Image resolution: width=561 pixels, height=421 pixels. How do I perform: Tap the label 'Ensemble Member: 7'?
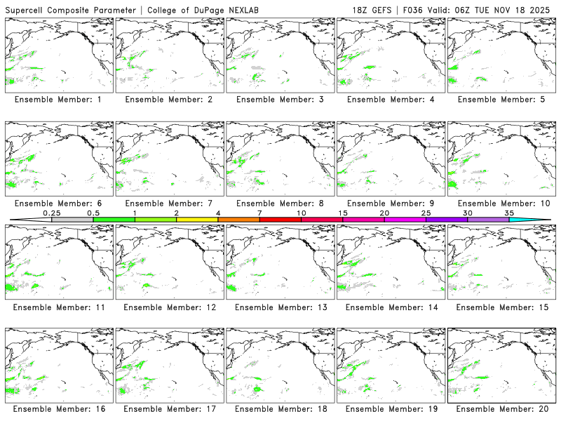click(168, 203)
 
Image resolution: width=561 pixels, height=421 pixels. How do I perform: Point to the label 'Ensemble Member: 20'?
click(501, 409)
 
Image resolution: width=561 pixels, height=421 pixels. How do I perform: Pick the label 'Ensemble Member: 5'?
click(501, 100)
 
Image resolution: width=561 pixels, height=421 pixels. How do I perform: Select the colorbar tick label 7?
click(259, 213)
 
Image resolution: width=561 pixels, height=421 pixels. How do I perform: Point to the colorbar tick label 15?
click(342, 213)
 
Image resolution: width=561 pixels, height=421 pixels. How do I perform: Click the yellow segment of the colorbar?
click(197, 220)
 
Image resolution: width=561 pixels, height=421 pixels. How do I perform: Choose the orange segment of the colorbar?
click(238, 220)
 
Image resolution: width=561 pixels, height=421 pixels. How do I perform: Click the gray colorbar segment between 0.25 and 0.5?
click(72, 220)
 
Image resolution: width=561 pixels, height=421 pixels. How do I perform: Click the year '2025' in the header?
click(541, 10)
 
